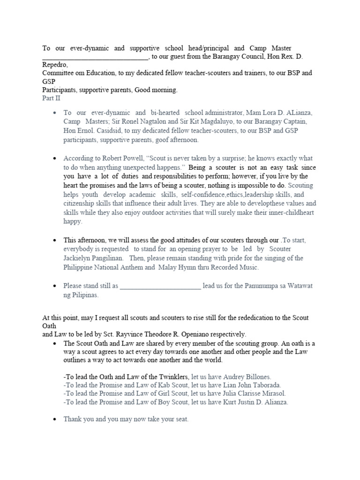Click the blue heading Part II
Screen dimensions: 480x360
click(x=51, y=98)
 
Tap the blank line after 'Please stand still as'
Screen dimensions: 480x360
click(x=160, y=286)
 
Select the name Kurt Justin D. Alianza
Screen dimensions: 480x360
click(x=255, y=402)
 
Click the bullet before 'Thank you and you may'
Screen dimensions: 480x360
click(x=55, y=420)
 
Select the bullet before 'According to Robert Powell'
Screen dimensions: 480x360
click(x=55, y=158)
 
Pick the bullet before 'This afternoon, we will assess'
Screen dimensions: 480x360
click(x=55, y=240)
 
